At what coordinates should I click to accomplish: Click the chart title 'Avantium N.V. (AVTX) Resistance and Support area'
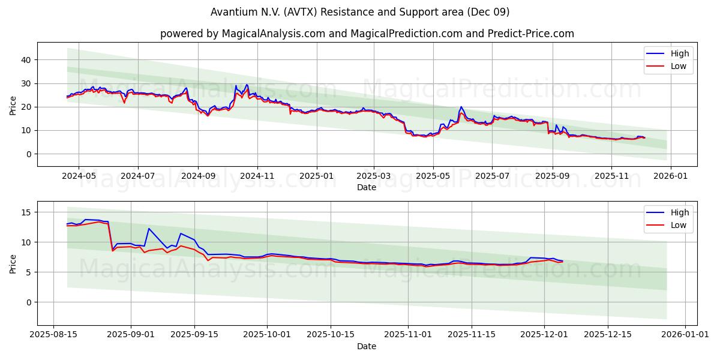click(360, 12)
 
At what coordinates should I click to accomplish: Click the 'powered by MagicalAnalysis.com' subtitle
click(367, 34)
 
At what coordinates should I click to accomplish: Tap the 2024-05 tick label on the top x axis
click(79, 176)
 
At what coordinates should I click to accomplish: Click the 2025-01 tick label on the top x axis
click(316, 176)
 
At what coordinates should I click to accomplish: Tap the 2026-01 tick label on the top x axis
click(670, 176)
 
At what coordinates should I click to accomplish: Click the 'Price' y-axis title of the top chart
click(13, 104)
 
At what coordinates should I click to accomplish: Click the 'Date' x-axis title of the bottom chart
click(367, 346)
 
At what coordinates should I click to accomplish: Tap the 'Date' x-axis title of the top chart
click(367, 187)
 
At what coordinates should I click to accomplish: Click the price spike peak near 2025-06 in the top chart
click(461, 107)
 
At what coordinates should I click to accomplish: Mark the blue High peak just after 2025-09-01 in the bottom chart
click(148, 228)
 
